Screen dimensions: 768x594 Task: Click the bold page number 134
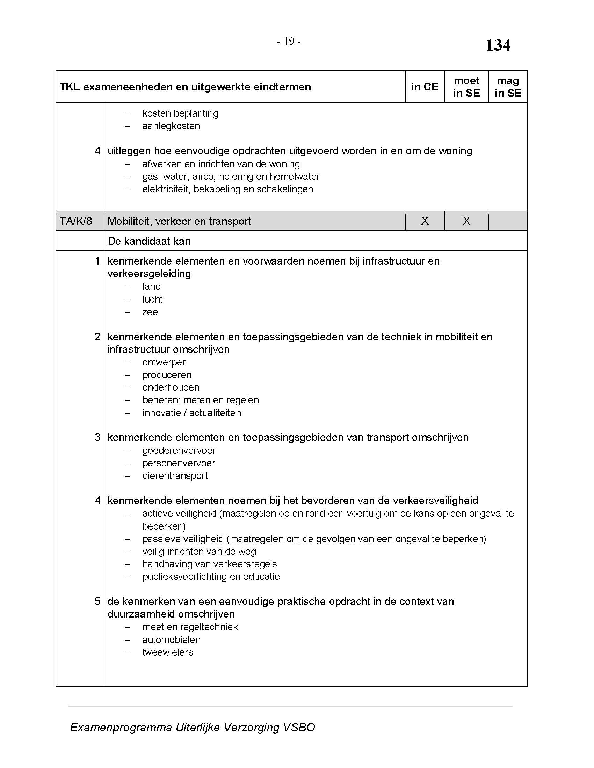[498, 45]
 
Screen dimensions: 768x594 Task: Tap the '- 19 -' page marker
[289, 42]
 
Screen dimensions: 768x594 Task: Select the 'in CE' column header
[425, 87]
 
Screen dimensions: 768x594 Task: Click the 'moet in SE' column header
[466, 87]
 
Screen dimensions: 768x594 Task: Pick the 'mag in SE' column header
[508, 87]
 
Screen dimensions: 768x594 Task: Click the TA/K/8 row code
[76, 221]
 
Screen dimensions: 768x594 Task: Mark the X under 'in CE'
[425, 221]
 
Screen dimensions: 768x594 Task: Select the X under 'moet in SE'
[466, 221]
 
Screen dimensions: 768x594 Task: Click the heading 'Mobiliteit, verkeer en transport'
[179, 221]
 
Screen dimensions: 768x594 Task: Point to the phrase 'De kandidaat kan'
[149, 241]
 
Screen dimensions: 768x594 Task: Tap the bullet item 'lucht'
[152, 300]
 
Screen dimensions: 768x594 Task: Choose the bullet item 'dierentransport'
[175, 476]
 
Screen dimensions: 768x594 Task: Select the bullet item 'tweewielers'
[167, 652]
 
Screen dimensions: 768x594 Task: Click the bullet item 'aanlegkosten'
[171, 126]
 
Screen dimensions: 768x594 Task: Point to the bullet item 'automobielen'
[171, 640]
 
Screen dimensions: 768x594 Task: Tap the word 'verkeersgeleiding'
[149, 274]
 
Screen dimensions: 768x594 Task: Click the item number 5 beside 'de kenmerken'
[97, 601]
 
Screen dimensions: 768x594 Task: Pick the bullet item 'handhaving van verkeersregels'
[209, 564]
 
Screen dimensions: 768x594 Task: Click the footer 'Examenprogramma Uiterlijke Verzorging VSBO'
[193, 727]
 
